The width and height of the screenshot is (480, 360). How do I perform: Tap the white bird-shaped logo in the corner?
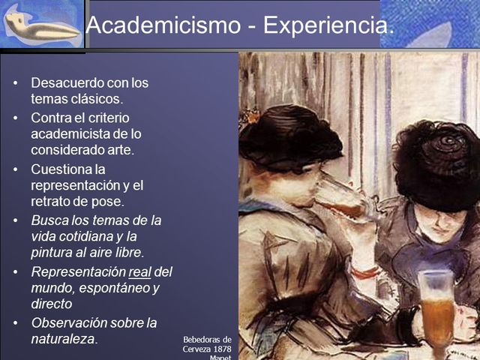[x=41, y=27]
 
